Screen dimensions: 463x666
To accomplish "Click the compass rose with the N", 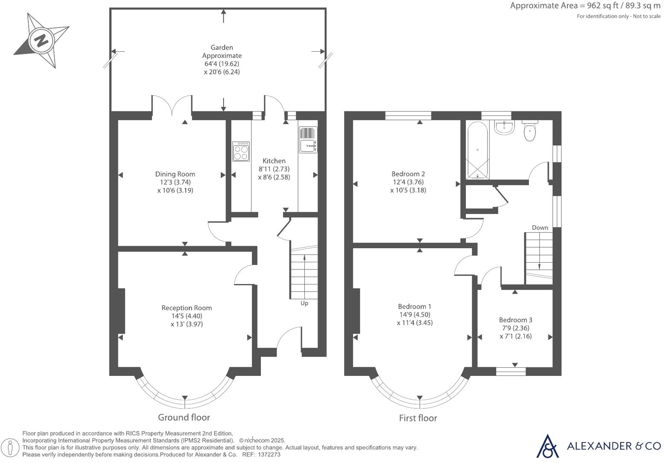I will point(42,41).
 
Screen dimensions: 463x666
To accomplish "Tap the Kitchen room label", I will point(274,161).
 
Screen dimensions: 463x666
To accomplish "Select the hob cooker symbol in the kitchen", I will point(241,152).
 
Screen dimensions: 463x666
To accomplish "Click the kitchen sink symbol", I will point(308,140).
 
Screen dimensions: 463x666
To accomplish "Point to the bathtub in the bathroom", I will point(477,150).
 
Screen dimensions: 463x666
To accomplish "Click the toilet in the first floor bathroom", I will point(529,131).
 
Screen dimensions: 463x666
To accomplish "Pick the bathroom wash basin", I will point(505,127).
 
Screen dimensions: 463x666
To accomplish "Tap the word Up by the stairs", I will point(304,303).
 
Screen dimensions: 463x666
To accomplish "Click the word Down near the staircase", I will point(540,228).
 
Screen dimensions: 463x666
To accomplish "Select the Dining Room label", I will point(175,174).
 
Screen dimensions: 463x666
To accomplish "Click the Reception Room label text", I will point(187,308).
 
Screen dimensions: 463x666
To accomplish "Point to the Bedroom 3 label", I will point(515,320).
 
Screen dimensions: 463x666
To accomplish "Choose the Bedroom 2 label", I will point(408,174).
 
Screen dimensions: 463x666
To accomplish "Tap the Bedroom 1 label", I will point(414,306).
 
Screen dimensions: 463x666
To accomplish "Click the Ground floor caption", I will point(184,417).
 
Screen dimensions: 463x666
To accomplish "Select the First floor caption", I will point(418,418).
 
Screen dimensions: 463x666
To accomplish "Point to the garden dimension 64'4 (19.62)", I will point(222,64).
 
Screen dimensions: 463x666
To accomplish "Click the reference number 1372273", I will point(269,455).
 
